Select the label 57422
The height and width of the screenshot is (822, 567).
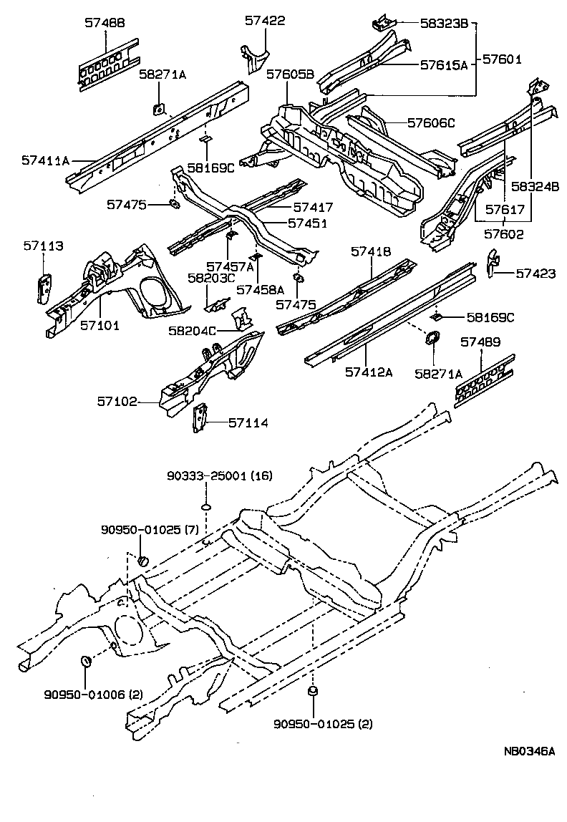tap(265, 21)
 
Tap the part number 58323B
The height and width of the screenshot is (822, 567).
tap(442, 24)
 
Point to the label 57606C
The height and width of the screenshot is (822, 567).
tap(431, 122)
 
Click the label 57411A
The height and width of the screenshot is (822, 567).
tap(46, 161)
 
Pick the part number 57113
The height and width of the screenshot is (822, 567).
tap(43, 246)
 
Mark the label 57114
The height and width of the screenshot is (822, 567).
tap(248, 423)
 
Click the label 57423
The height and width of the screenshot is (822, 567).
tap(535, 273)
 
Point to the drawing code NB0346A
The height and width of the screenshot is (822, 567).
tap(529, 751)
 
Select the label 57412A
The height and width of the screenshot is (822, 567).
tap(369, 372)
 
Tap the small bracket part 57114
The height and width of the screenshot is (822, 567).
tap(200, 418)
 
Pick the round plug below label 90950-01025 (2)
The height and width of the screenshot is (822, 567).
tap(312, 691)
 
